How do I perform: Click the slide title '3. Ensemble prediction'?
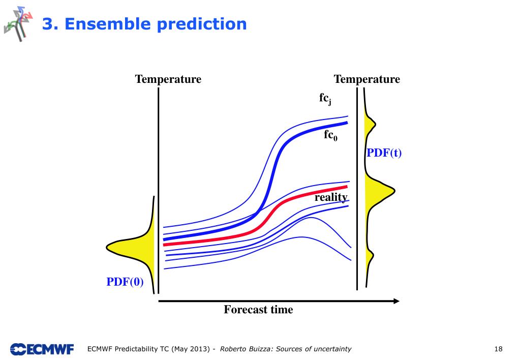click(x=144, y=24)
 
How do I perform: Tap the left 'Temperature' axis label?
click(x=168, y=79)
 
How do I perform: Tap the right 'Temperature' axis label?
click(x=366, y=79)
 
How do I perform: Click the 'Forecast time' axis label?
click(x=258, y=310)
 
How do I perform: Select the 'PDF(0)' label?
click(x=125, y=282)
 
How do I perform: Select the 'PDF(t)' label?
click(x=384, y=153)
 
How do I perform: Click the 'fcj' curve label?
click(x=325, y=99)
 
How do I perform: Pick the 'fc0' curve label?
click(x=330, y=135)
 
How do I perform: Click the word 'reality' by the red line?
click(x=331, y=197)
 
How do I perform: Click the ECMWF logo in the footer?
click(x=42, y=349)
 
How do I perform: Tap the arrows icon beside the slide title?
click(x=18, y=23)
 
